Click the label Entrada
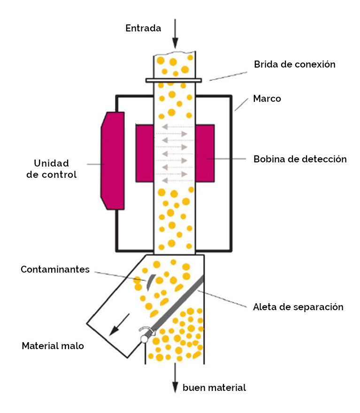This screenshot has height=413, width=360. pos(143,28)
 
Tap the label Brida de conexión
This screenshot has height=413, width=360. pos(295,64)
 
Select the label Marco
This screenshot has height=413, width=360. pos(267,99)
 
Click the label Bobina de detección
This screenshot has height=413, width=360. pos(300,159)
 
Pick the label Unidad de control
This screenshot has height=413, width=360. pos(55,169)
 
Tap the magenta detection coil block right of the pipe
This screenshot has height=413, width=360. pos(205,153)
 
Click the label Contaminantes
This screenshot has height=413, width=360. pos(55,270)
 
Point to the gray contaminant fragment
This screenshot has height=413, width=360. pos(148,282)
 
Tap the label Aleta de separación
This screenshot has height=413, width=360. pos(299,307)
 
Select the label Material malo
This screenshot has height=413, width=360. pos(53,346)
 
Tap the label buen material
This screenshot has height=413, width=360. pos(214,388)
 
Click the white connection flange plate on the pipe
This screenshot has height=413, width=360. pos(174,80)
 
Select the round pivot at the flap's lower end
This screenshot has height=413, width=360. pos(143,337)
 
